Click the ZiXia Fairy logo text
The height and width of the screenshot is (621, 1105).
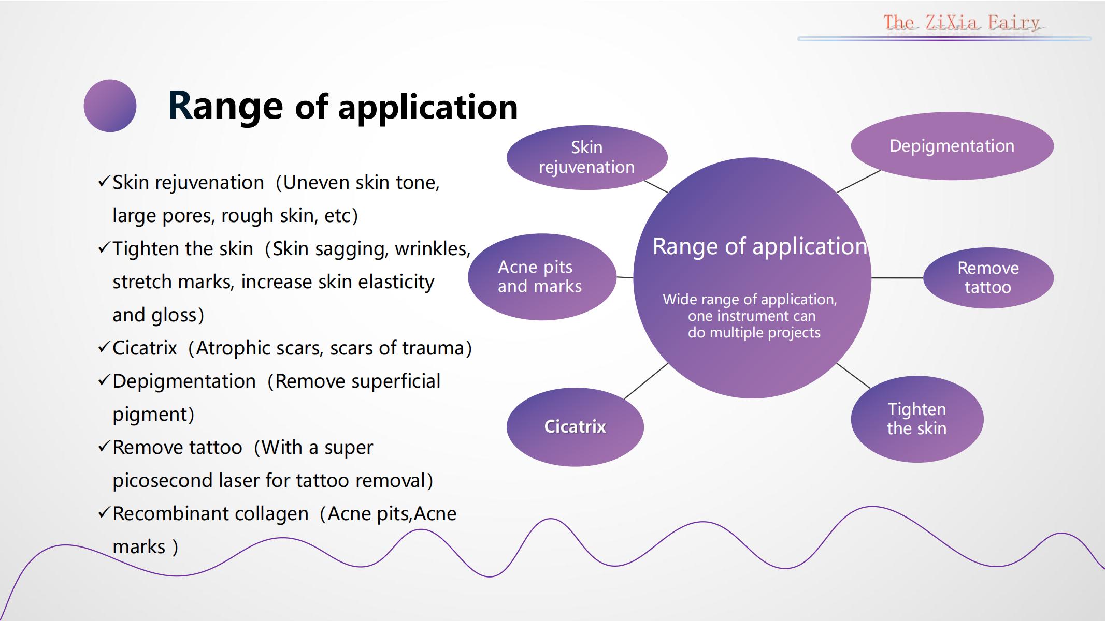(962, 23)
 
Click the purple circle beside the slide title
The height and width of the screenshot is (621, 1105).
(110, 106)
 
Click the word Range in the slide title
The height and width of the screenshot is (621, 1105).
(225, 106)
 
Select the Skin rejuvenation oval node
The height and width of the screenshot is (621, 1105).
(587, 157)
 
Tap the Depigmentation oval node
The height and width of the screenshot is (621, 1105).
(952, 146)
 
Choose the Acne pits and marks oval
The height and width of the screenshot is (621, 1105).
(542, 277)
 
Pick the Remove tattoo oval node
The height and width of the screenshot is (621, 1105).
(988, 278)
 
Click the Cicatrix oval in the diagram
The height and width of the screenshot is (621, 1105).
(575, 427)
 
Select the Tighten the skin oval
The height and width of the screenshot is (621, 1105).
(917, 419)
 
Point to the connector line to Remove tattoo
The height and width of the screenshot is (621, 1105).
(897, 278)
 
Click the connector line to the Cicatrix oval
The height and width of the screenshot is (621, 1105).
(646, 381)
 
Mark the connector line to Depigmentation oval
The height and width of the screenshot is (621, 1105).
(859, 181)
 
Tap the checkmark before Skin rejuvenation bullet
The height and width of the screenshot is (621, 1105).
(104, 182)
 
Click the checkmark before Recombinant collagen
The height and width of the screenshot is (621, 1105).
(104, 513)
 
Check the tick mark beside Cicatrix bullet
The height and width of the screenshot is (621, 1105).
(104, 347)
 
